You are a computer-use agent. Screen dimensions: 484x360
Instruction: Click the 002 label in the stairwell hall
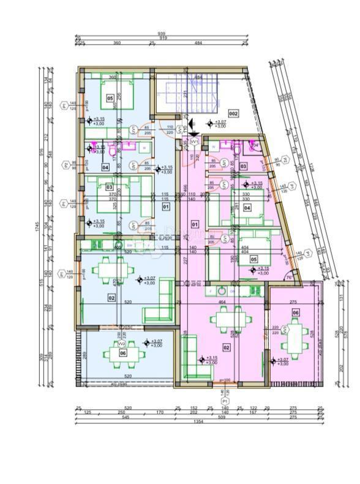coord(233,114)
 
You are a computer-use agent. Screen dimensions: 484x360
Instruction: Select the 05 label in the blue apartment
coord(110,97)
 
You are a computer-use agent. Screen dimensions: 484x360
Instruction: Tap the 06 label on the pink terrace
coord(296,312)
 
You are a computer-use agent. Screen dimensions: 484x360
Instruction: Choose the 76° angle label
coord(288,278)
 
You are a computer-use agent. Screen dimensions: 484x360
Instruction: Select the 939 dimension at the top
coord(162,34)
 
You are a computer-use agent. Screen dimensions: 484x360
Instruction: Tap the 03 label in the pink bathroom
coord(243,166)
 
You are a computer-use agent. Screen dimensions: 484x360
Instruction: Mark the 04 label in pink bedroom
coord(247,208)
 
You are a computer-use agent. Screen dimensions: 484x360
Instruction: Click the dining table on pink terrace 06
coord(298,336)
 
